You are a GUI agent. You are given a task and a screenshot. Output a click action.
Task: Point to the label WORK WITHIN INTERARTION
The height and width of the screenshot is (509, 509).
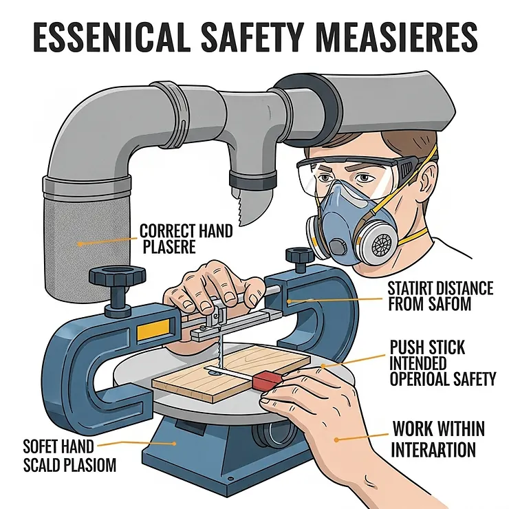pos(438,440)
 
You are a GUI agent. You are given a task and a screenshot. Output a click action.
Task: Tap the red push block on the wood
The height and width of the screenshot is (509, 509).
pos(265,380)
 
